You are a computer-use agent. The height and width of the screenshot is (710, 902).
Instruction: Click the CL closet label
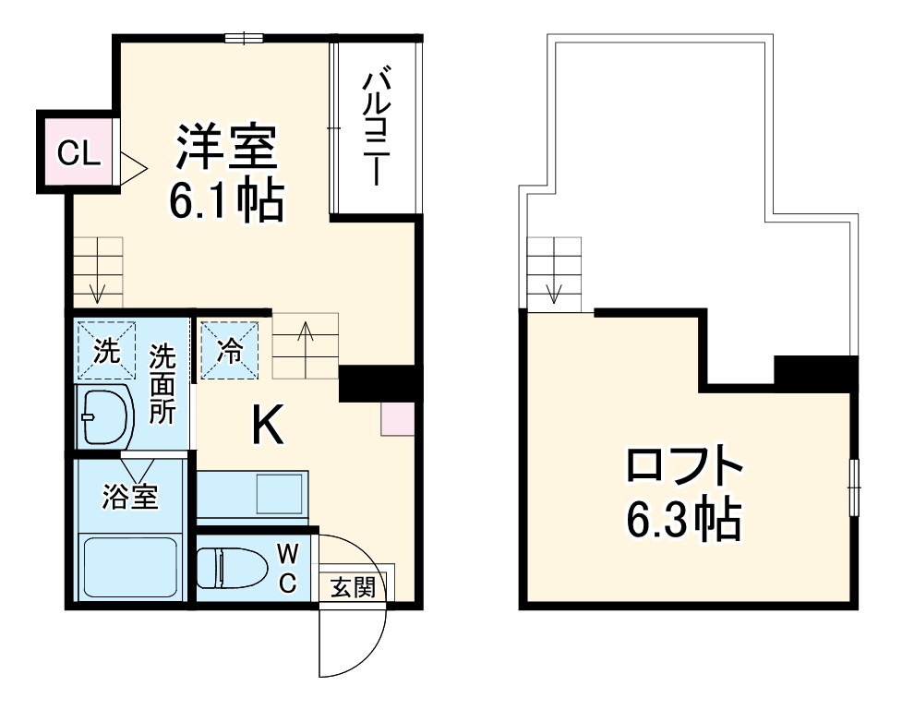78,153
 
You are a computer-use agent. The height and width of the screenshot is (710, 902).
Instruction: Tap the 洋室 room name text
227,147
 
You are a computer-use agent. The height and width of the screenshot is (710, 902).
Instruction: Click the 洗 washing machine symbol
105,351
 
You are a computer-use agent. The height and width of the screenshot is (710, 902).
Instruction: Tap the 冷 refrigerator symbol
228,351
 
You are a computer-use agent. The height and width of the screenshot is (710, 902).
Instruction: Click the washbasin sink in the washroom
105,416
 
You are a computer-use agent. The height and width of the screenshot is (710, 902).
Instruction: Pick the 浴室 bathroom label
129,499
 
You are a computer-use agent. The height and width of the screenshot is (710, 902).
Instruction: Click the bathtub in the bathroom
129,569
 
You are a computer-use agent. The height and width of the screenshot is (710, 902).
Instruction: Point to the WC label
287,568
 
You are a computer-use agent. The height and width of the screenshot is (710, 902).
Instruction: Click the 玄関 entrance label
354,587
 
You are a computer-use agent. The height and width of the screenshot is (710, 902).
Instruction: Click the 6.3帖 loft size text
683,522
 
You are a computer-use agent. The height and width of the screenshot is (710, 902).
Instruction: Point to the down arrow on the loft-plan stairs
553,291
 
